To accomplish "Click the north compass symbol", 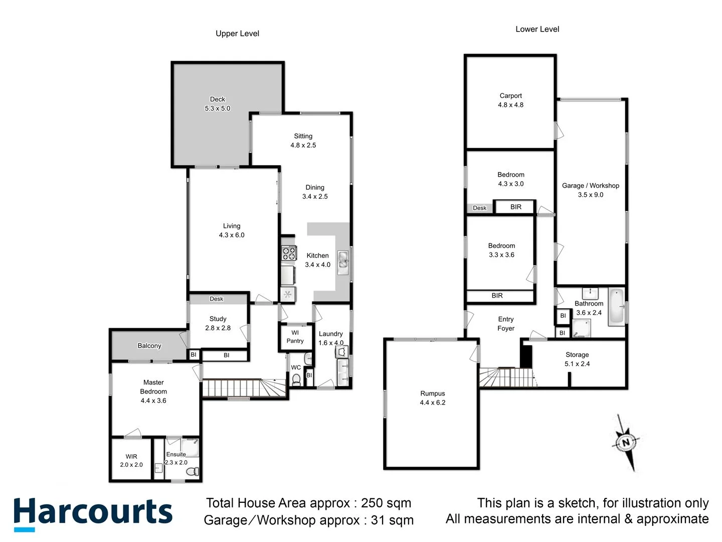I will (x=626, y=442).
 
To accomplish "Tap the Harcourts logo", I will (x=93, y=513).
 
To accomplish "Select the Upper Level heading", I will (x=237, y=34).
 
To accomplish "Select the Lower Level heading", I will (x=537, y=29).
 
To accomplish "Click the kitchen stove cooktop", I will (x=288, y=252).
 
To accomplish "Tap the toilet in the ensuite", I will (x=193, y=472).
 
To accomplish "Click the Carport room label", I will (x=510, y=96).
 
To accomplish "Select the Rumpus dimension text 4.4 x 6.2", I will (x=432, y=402).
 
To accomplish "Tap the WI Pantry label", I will (x=295, y=337).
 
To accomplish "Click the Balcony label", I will (x=149, y=346).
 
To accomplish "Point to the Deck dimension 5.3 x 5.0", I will (x=218, y=108).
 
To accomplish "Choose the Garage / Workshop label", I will (x=590, y=186).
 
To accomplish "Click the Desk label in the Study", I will (x=217, y=299).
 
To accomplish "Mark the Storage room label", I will (x=577, y=355).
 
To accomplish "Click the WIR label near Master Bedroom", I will (x=131, y=457).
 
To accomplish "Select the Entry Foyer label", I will (x=506, y=324).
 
